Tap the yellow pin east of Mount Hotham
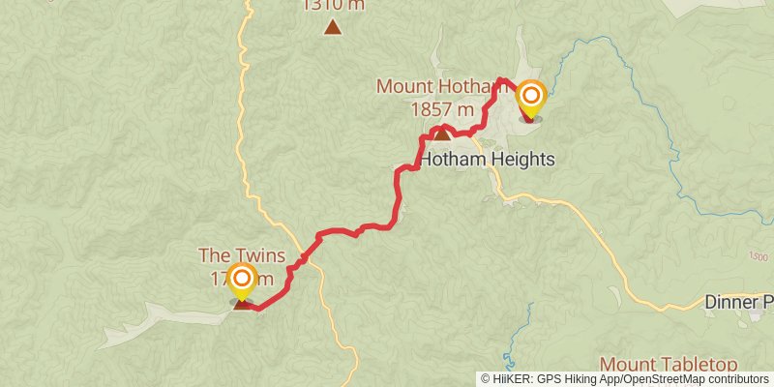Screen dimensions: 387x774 tap(530, 97)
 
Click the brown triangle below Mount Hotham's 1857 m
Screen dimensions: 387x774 tap(441, 134)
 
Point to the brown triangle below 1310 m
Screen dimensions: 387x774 tap(333, 27)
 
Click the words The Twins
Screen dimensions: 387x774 tap(242, 255)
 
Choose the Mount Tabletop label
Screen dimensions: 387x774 tap(669, 364)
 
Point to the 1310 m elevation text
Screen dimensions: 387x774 tap(333, 5)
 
